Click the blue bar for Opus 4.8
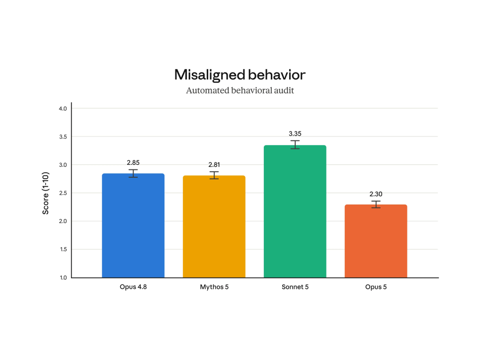(x=133, y=225)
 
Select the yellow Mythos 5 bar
(x=214, y=226)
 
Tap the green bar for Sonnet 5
(x=295, y=212)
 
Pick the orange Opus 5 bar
(x=376, y=241)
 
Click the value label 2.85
(x=133, y=162)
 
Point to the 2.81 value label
(x=214, y=164)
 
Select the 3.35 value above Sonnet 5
(x=295, y=134)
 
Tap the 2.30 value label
(x=376, y=194)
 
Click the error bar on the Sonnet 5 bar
(x=295, y=144)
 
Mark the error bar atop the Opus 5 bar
(x=376, y=205)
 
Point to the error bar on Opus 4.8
(x=133, y=173)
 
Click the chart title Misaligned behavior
(x=240, y=74)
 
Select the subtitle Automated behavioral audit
(x=240, y=90)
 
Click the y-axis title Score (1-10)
(x=45, y=193)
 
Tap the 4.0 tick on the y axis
(x=63, y=109)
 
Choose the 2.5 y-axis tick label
(x=63, y=193)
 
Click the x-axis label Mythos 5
(x=214, y=287)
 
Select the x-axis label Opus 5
(x=376, y=287)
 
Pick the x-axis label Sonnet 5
(x=295, y=287)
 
